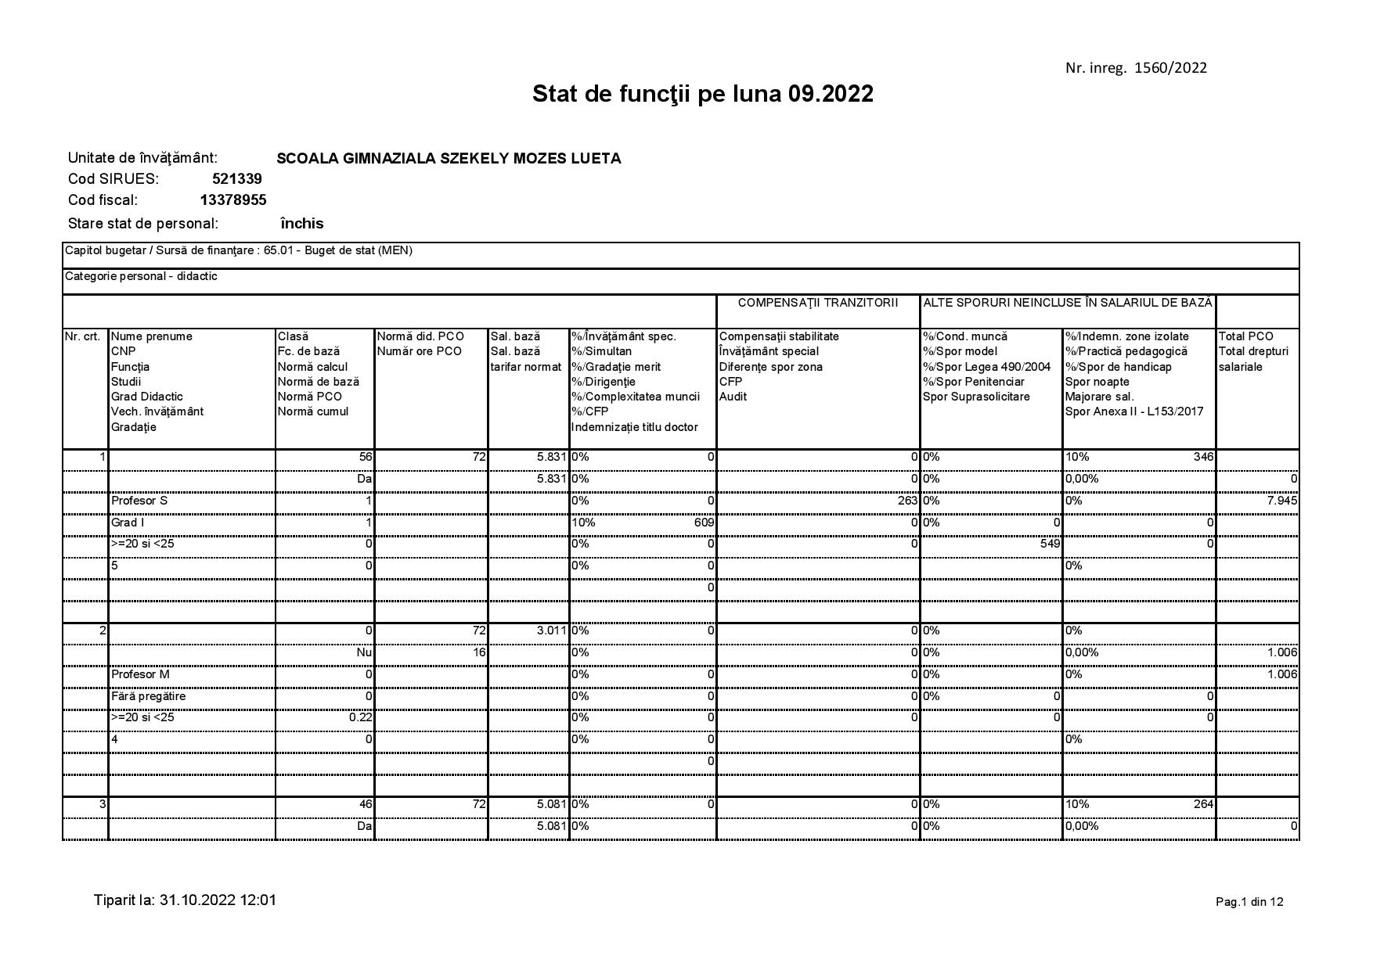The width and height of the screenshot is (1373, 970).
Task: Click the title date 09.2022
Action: tap(831, 95)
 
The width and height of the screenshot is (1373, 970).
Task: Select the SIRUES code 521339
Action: tap(236, 179)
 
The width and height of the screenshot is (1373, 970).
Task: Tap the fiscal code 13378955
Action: tap(232, 200)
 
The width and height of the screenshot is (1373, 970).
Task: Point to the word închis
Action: tap(301, 224)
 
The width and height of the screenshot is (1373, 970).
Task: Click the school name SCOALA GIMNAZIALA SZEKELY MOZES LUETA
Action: tap(449, 159)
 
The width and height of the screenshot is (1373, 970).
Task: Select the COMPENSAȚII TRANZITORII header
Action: tap(817, 303)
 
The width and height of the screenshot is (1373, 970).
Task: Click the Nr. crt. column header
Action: tap(83, 336)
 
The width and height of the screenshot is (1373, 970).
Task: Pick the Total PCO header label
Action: tap(1245, 336)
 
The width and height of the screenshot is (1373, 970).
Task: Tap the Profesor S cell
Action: tap(139, 501)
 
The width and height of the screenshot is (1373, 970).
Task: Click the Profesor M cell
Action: tap(140, 674)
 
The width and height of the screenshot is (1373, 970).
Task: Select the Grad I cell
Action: tap(128, 523)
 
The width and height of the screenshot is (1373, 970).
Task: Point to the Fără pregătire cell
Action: tap(149, 696)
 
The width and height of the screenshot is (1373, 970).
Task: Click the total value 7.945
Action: tap(1281, 501)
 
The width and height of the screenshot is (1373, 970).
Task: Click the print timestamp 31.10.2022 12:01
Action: tap(218, 900)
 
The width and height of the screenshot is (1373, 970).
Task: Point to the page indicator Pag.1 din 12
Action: tap(1249, 902)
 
